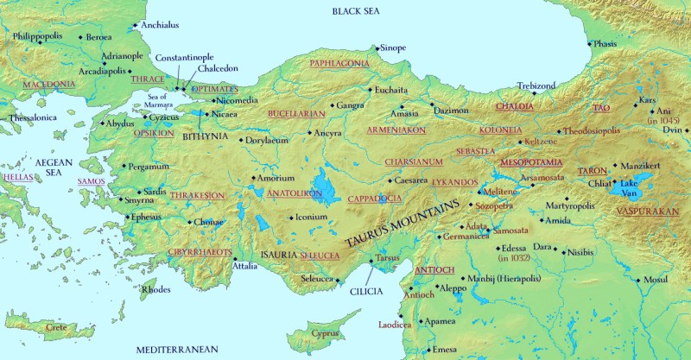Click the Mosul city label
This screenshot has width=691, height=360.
pyautogui.click(x=657, y=281)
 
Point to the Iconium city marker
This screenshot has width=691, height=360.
pyautogui.click(x=291, y=217)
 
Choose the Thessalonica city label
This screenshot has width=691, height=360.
pyautogui.click(x=32, y=117)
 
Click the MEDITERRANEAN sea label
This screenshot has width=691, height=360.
pyautogui.click(x=177, y=350)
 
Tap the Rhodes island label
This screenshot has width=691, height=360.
pyautogui.click(x=155, y=289)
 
